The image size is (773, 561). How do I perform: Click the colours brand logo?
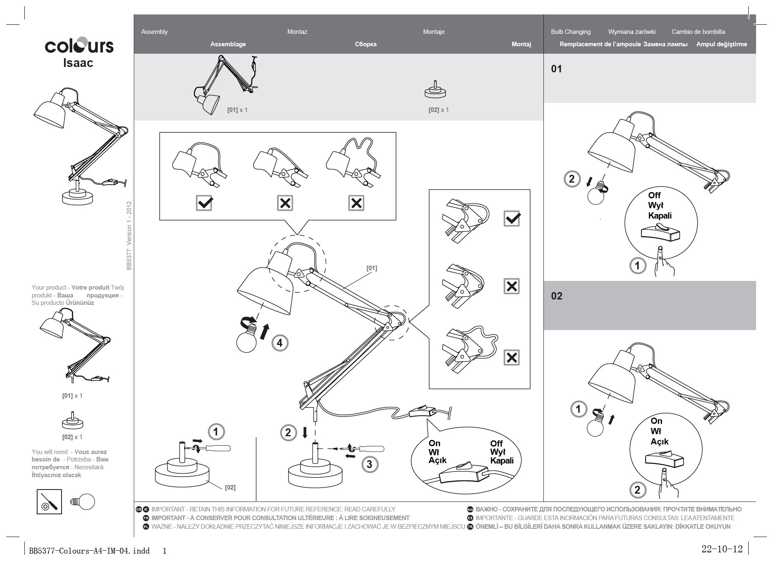pos(79,45)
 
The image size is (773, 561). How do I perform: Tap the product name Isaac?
pos(78,63)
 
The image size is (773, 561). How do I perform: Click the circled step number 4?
pos(280,343)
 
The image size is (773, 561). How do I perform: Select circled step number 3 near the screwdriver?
pos(369,464)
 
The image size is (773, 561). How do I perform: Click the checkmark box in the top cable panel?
pos(204,203)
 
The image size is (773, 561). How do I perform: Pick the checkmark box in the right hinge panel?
pos(512,218)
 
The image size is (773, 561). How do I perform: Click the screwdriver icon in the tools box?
pos(49,502)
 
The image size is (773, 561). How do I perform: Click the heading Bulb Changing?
pos(570,32)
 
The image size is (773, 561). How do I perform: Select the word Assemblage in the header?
pos(228,44)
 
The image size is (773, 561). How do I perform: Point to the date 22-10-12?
pos(722,549)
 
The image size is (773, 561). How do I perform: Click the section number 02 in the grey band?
pos(557,296)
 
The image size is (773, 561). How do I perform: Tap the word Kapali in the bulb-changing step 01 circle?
pos(660,216)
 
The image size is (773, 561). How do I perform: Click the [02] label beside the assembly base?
pos(230,487)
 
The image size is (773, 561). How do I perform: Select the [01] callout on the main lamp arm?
pos(372,268)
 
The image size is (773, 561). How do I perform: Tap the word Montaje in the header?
pos(434,32)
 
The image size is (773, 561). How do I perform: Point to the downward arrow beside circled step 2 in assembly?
pos(305,433)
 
